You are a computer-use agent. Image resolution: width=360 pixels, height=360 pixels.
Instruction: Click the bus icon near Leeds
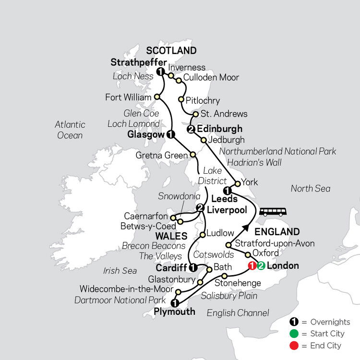273,211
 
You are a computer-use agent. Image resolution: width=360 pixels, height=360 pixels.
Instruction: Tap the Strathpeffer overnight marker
161,72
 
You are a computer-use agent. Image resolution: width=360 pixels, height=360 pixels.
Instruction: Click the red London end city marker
252,265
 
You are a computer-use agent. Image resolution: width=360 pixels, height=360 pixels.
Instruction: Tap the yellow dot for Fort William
156,97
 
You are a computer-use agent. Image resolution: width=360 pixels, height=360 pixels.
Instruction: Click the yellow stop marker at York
237,183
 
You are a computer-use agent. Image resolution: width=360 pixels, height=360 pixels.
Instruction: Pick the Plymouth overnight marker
175,303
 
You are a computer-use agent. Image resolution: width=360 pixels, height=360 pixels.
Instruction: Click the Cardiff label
171,267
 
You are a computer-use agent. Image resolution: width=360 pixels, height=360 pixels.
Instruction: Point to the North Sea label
311,189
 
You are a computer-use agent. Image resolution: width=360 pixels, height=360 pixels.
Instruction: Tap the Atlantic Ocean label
70,130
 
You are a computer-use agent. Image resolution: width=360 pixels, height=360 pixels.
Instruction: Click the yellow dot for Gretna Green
193,155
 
